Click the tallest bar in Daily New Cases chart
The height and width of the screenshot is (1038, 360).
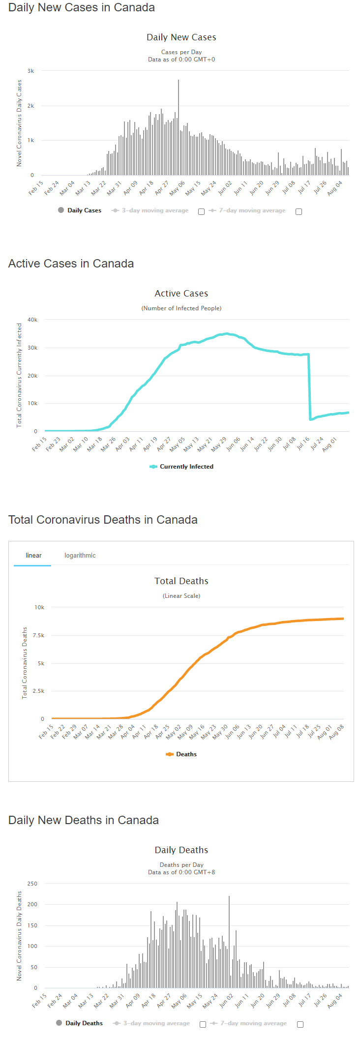tap(179, 128)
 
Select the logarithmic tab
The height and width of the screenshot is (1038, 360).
tap(80, 556)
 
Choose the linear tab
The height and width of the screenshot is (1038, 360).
tap(33, 556)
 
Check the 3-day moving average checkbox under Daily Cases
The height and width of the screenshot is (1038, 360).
tap(201, 212)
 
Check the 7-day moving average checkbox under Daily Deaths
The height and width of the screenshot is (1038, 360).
tap(300, 1024)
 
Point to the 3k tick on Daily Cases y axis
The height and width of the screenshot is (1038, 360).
tap(31, 71)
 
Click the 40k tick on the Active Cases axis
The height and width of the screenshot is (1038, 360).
tap(32, 320)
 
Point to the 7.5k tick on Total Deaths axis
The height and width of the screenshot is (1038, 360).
tap(39, 635)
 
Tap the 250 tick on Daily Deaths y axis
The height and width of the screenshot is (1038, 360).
tap(32, 884)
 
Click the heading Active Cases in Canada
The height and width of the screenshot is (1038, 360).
tap(71, 264)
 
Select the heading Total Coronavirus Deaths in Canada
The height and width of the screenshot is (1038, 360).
tap(103, 520)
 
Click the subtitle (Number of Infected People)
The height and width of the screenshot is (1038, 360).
tap(181, 308)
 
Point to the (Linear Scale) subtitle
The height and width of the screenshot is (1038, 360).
tap(181, 596)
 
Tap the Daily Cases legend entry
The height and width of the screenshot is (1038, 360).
tap(84, 210)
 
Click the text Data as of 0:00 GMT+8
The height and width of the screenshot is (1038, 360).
tap(181, 872)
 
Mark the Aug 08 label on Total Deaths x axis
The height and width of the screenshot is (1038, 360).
tap(337, 731)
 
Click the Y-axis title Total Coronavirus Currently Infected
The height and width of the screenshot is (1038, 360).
tap(19, 375)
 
